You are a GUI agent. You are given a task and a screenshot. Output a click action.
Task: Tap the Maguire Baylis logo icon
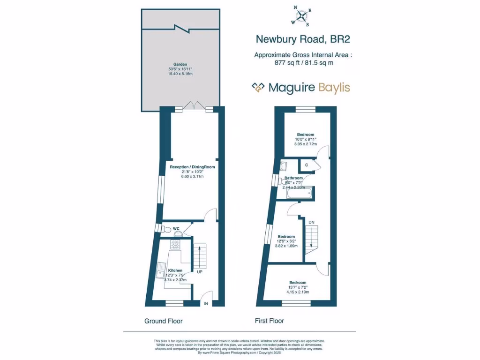click(258, 88)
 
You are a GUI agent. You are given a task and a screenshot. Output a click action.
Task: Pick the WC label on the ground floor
click(176, 229)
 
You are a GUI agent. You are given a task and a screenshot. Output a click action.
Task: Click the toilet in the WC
click(165, 229)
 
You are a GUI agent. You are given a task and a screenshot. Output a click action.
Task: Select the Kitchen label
click(175, 270)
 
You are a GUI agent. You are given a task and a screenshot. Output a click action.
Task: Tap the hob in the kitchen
click(175, 244)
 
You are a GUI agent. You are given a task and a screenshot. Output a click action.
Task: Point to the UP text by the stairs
click(200, 271)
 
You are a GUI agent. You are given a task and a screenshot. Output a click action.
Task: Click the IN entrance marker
click(205, 304)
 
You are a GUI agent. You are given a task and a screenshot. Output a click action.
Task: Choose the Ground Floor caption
click(163, 321)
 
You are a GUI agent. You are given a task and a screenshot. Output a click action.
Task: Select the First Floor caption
click(269, 321)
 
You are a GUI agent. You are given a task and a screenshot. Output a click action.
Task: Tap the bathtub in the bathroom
click(297, 192)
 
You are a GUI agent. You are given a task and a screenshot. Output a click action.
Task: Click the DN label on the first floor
click(311, 222)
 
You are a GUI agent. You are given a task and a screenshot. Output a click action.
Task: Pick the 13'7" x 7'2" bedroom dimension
click(298, 287)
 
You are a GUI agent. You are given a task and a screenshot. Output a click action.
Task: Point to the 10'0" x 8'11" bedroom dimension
click(305, 139)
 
